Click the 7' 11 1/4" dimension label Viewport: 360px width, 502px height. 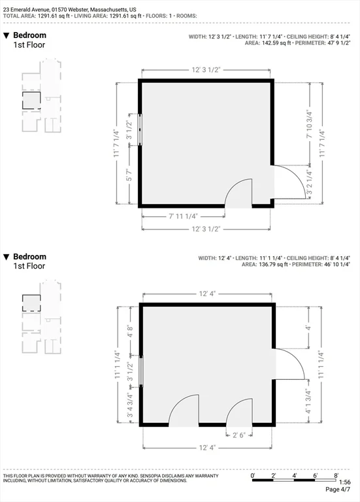[x=183, y=216]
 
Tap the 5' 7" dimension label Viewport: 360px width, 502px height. [x=129, y=175]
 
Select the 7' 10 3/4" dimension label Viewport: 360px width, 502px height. [x=309, y=125]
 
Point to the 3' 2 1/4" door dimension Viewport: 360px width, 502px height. [x=309, y=182]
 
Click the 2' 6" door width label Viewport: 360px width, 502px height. [x=238, y=435]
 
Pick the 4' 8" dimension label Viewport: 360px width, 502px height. [x=130, y=331]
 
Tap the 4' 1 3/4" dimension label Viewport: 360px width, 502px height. [x=308, y=401]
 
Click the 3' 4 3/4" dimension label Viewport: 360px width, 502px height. [x=130, y=405]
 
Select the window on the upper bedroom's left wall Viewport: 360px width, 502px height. [x=140, y=129]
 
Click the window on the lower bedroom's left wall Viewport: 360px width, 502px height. [x=141, y=371]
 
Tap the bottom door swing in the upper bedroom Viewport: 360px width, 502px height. [x=238, y=193]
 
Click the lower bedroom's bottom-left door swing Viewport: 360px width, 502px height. [x=184, y=410]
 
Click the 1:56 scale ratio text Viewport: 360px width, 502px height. [x=344, y=482]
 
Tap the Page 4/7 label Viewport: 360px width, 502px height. [x=338, y=490]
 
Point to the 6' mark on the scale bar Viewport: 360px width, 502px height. [x=315, y=476]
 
